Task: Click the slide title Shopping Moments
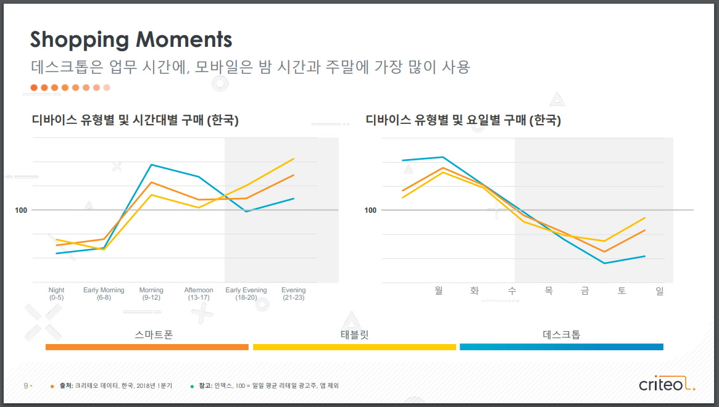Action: (x=131, y=39)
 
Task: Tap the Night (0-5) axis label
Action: (x=56, y=294)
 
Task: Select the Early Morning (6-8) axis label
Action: (x=104, y=294)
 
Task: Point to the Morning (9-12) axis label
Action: (x=151, y=294)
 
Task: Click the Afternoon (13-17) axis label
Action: (x=199, y=294)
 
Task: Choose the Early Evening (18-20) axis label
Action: (x=246, y=294)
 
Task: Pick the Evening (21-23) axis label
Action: (x=293, y=294)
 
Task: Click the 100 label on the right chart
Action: (x=370, y=210)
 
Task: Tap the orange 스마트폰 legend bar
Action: (x=147, y=347)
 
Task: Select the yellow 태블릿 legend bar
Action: (x=354, y=347)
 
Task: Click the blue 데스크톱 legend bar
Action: (x=561, y=347)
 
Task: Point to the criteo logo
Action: (x=666, y=385)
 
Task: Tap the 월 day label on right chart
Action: (x=439, y=290)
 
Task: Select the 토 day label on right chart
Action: (x=621, y=290)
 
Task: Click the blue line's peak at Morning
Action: (x=151, y=165)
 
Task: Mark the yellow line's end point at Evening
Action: (x=293, y=159)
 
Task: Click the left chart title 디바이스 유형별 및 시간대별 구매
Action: (x=135, y=120)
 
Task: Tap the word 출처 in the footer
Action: (x=65, y=385)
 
